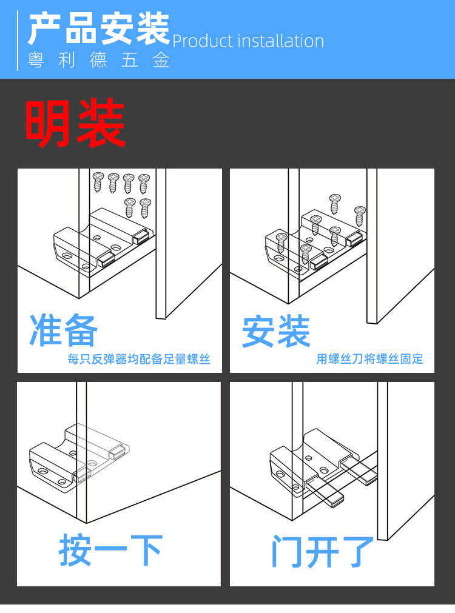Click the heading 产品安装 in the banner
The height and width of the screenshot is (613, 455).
[x=98, y=28]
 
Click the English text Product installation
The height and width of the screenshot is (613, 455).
[x=248, y=41]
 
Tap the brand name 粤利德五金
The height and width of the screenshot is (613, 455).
[x=99, y=61]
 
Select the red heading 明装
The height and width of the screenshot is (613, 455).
[x=75, y=124]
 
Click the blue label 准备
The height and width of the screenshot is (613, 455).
[x=64, y=331]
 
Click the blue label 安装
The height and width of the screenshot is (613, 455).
[x=276, y=331]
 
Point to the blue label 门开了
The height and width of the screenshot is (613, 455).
[x=322, y=550]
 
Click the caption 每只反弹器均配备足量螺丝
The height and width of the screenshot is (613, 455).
[x=139, y=359]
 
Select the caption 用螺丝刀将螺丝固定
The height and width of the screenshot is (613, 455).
[x=369, y=359]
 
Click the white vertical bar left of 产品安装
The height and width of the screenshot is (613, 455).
[x=18, y=40]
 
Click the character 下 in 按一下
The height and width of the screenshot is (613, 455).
[x=146, y=550]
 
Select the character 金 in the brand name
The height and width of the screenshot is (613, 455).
[x=161, y=61]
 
